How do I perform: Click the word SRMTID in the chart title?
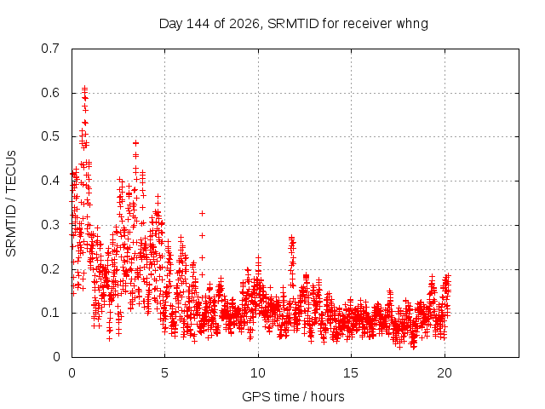tap(293, 24)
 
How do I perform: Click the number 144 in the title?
tap(198, 24)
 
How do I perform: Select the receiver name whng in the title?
tap(412, 25)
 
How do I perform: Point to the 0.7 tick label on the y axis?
tap(50, 49)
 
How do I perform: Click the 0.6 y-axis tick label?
tap(50, 93)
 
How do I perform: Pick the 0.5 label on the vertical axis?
tap(50, 136)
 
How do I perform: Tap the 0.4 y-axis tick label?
tap(50, 181)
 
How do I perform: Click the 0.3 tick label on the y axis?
tap(50, 225)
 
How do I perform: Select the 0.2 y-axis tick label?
tap(50, 269)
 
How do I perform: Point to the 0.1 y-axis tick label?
tap(50, 313)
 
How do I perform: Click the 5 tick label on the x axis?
tap(164, 373)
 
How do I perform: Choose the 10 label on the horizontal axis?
tap(257, 373)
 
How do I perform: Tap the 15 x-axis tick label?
tap(351, 373)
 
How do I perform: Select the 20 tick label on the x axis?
tap(445, 373)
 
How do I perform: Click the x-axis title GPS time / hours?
tap(293, 396)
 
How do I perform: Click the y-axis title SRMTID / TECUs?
tap(11, 204)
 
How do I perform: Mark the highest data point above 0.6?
tap(84, 88)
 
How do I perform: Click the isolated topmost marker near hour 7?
tap(202, 213)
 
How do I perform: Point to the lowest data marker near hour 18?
tap(413, 347)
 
